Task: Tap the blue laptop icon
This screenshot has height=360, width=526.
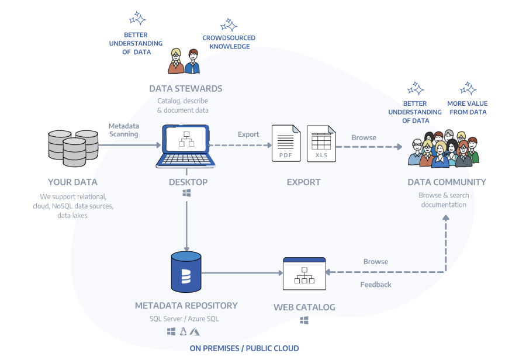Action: (186, 146)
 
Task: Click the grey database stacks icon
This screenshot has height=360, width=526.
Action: (72, 148)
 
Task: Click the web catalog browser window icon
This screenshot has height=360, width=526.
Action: (304, 273)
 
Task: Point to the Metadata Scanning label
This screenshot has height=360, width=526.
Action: (123, 130)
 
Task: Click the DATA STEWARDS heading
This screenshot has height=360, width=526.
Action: (185, 89)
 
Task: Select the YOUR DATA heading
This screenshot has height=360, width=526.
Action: (72, 182)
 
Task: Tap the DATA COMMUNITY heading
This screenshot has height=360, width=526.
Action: (447, 182)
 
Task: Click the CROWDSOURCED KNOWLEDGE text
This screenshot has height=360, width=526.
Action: (229, 42)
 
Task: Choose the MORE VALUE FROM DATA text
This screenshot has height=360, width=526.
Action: (467, 108)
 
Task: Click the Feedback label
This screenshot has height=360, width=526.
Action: (376, 285)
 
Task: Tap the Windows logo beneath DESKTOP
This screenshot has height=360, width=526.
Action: (186, 193)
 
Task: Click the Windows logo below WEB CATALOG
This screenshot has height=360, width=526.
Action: (304, 320)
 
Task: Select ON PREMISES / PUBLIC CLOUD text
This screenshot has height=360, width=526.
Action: (244, 348)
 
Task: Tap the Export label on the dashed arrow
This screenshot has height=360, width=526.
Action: (248, 134)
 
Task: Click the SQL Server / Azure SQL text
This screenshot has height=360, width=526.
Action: (185, 319)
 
